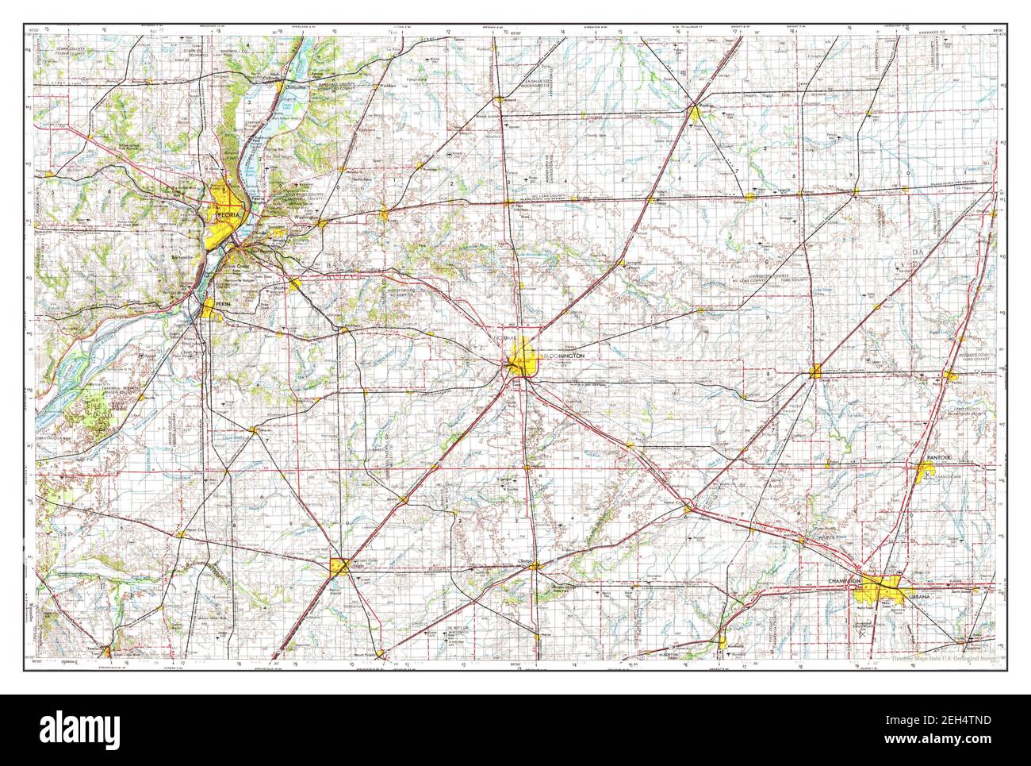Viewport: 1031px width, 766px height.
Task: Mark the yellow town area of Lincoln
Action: (x=339, y=565)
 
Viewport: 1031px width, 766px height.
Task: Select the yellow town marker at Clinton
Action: (x=537, y=565)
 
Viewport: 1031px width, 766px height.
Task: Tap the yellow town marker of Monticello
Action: (x=723, y=641)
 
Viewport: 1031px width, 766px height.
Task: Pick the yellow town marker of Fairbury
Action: (x=750, y=196)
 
